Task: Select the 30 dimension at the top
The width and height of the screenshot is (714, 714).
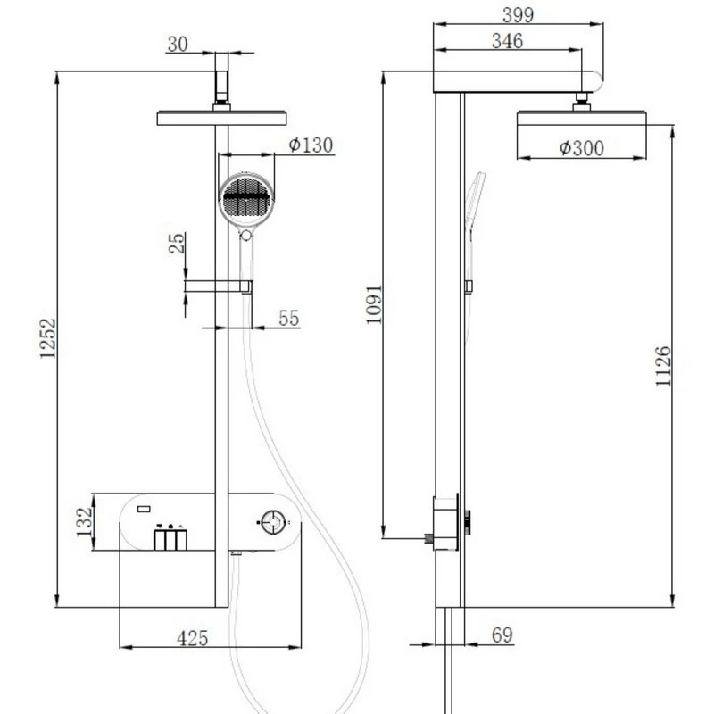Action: click(178, 44)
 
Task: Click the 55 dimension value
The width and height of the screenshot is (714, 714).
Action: click(287, 318)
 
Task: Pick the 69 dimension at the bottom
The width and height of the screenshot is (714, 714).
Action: click(502, 635)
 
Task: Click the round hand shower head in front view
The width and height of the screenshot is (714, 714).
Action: click(244, 196)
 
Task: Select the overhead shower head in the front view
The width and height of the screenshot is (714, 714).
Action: click(222, 118)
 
